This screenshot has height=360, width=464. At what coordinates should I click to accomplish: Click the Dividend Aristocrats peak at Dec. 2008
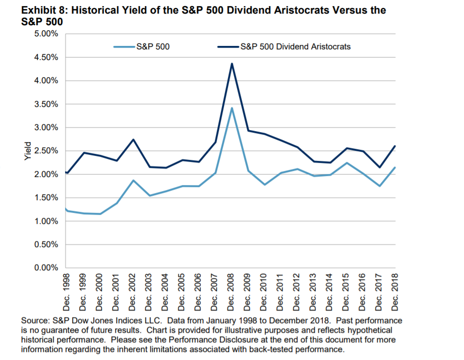(231, 64)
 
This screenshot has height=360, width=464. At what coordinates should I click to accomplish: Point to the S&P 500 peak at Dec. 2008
(231, 108)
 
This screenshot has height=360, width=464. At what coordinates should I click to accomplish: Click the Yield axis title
(28, 151)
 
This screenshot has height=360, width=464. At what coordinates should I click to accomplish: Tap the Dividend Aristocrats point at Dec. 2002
(133, 139)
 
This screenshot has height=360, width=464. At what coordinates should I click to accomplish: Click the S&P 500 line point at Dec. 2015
(346, 163)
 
